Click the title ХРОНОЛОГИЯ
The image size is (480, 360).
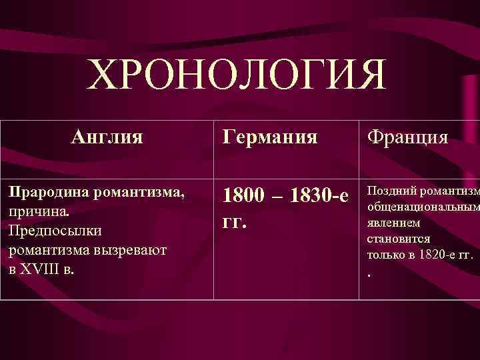(237, 75)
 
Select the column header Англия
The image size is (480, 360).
(107, 138)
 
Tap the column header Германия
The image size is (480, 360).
(270, 139)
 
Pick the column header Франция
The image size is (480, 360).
(407, 139)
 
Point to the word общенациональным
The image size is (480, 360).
(423, 208)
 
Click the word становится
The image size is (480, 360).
(399, 239)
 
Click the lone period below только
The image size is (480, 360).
(369, 273)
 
